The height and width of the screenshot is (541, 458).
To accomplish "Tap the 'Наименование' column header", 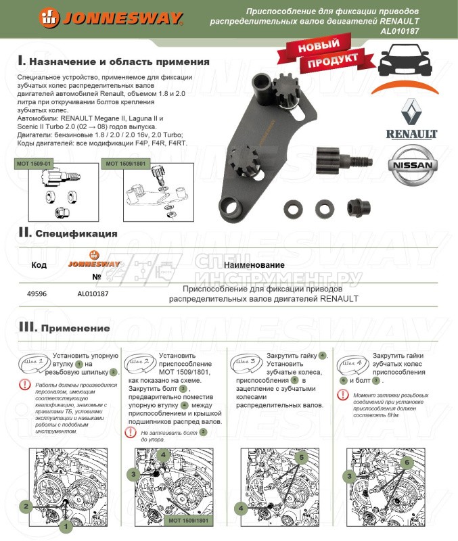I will coord(254,265).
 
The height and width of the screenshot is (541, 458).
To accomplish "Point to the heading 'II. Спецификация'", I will coord(68,233).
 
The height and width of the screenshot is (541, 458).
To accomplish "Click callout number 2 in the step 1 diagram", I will coord(26,505).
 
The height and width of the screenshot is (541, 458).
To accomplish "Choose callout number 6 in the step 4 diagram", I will coord(407,463).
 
